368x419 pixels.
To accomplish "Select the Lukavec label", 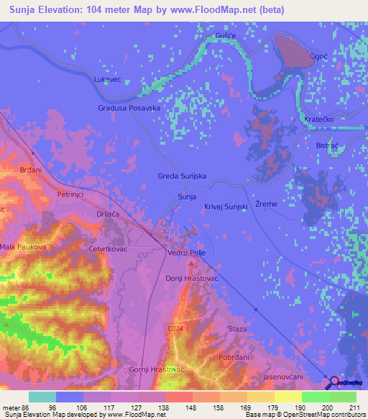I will point(109,80).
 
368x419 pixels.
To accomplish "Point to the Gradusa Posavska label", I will point(129,108).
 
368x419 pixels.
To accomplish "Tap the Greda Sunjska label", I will point(183,176).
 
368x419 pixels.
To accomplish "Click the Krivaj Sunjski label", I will point(226,207).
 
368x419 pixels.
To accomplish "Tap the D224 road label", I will point(175,328).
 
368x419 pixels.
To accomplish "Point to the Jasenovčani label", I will point(284,377).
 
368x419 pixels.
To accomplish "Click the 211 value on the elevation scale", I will point(353,407).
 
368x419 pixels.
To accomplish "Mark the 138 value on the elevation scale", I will point(165,407).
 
